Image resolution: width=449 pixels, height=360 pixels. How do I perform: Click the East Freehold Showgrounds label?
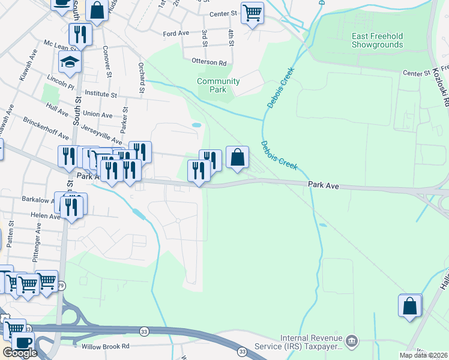click(x=377, y=40)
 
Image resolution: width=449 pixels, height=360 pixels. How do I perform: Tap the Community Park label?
click(x=218, y=85)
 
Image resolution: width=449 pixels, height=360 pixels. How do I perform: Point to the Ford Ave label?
click(x=176, y=34)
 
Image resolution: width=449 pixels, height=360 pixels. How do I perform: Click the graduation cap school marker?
click(x=70, y=62)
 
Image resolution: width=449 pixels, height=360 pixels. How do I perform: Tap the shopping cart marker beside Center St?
click(x=252, y=13)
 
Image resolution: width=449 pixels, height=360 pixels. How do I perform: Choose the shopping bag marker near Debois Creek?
click(x=238, y=157)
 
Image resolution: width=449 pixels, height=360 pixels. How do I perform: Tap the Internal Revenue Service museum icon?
click(x=352, y=341)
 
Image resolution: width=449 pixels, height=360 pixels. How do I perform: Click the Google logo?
click(x=19, y=353)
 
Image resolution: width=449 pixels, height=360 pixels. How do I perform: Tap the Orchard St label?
click(x=142, y=77)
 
